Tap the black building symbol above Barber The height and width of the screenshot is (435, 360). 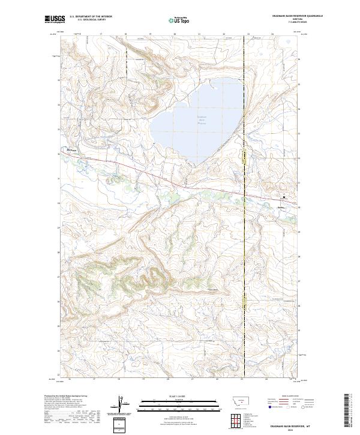point(284,197)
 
